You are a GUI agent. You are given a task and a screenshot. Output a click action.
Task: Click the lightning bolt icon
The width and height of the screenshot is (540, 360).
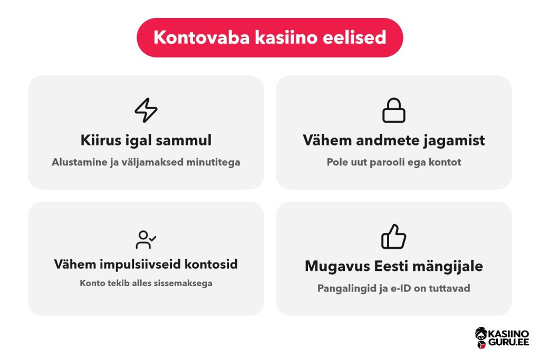click(x=146, y=110)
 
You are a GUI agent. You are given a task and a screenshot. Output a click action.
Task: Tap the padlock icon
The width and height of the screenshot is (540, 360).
click(x=394, y=111)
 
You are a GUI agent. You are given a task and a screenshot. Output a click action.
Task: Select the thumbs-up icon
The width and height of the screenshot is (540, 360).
click(x=393, y=237)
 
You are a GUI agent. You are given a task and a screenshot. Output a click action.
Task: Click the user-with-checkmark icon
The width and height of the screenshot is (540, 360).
click(x=146, y=239)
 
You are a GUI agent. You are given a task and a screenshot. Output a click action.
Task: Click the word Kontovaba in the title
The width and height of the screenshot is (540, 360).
click(x=201, y=37)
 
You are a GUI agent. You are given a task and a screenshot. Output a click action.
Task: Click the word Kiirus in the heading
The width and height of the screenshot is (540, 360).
click(x=101, y=140)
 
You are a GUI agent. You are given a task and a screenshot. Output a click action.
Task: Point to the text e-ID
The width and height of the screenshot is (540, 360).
click(x=401, y=288)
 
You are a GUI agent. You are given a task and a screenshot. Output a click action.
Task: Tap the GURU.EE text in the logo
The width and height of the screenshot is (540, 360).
click(x=509, y=342)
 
